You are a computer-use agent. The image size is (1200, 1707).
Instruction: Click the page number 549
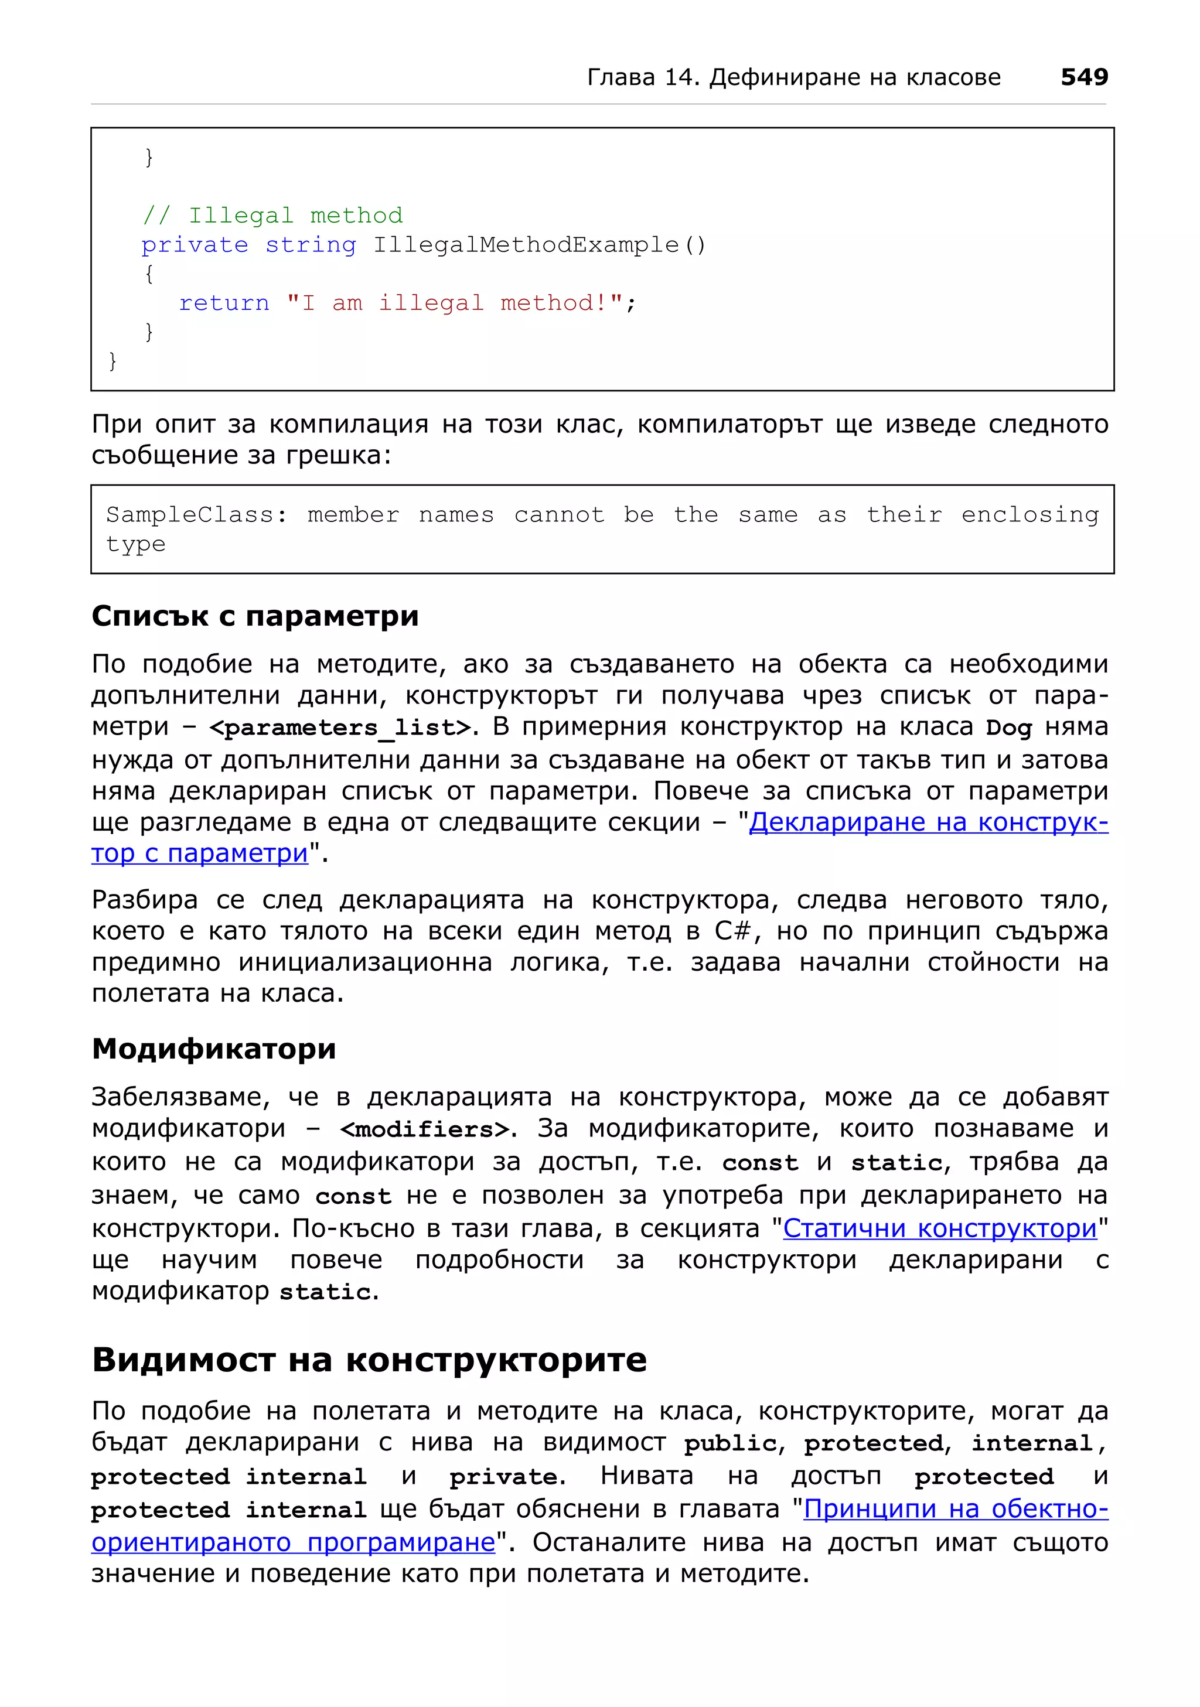[1083, 77]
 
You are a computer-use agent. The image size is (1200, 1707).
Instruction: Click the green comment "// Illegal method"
[272, 216]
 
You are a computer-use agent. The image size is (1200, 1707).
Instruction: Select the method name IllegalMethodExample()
[538, 245]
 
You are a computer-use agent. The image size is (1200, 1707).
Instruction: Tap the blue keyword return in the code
[224, 303]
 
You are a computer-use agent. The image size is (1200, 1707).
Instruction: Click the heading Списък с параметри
[255, 616]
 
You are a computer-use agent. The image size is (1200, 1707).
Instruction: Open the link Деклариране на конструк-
[928, 822]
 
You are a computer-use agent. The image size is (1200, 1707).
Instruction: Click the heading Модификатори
[214, 1049]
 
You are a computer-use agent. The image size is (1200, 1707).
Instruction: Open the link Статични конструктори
[940, 1228]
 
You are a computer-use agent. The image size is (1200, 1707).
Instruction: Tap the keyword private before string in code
[195, 245]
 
